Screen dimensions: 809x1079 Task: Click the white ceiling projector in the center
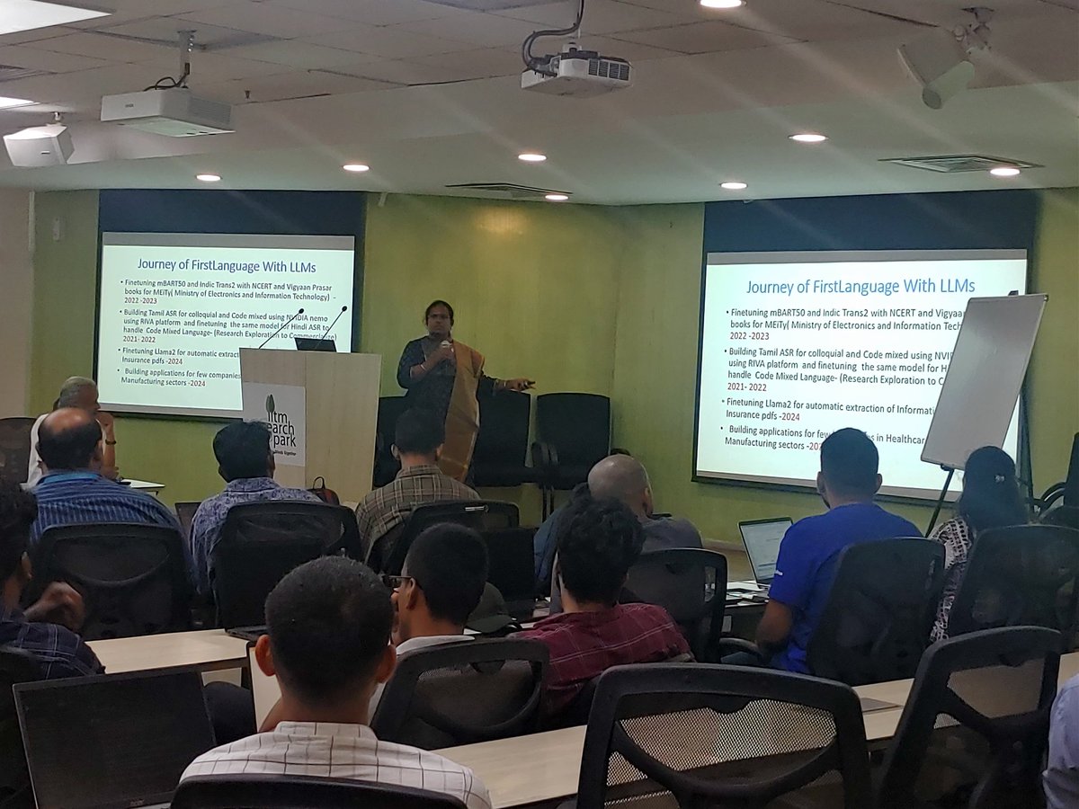pos(576,71)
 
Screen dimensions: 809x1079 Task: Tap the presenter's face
pos(439,321)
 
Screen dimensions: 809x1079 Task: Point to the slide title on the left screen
pos(227,264)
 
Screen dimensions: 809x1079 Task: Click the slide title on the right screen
pos(860,286)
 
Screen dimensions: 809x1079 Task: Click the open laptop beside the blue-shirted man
pos(763,549)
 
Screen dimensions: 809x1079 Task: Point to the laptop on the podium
pos(315,343)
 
